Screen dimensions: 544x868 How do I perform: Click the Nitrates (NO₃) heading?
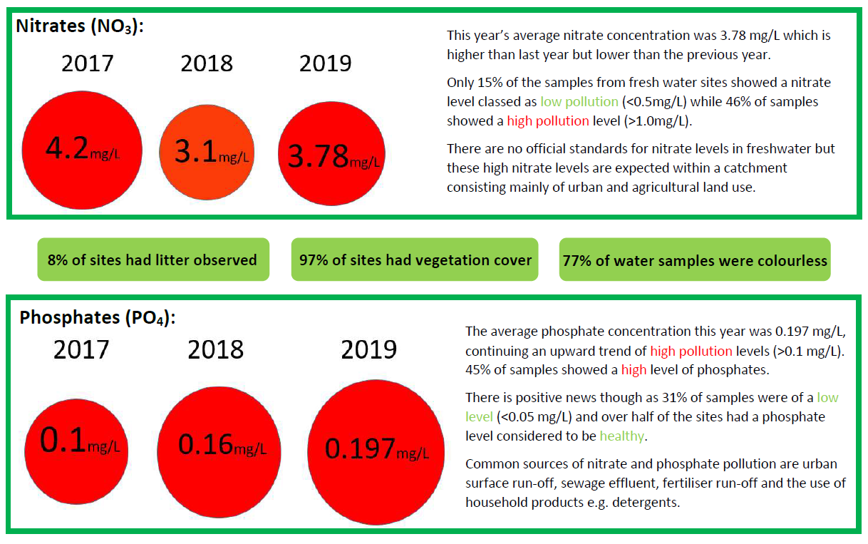[x=80, y=26]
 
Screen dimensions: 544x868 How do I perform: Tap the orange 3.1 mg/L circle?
[x=206, y=153]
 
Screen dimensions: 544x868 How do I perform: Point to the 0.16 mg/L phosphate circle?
[x=218, y=445]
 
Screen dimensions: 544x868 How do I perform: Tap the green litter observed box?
[x=153, y=260]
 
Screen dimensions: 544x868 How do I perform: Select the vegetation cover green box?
[x=415, y=260]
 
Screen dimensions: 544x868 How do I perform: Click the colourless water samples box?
[x=695, y=260]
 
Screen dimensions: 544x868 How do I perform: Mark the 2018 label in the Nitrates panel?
[x=207, y=63]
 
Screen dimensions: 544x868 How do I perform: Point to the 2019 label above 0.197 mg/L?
[x=368, y=350]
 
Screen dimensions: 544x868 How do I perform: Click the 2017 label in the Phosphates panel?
[x=81, y=349]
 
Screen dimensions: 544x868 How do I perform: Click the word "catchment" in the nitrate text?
[x=761, y=168]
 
